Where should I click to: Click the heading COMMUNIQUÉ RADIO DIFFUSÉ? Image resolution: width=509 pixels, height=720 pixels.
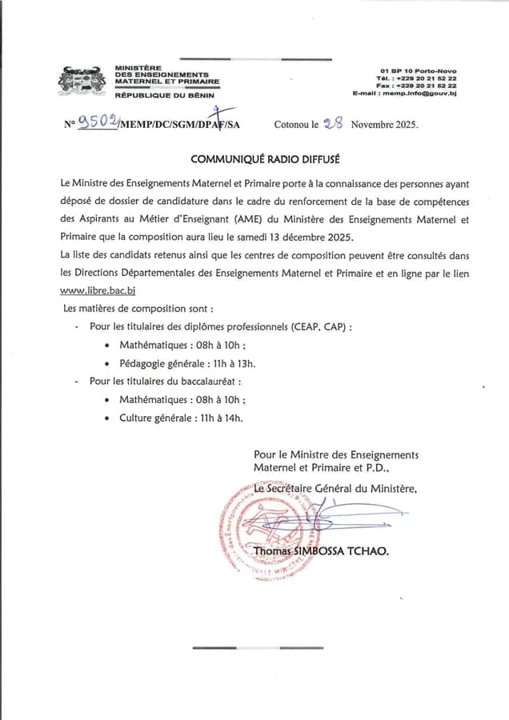click(x=254, y=158)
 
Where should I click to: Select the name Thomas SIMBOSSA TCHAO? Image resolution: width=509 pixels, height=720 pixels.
click(x=321, y=550)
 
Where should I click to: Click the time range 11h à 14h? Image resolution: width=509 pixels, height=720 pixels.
click(x=219, y=417)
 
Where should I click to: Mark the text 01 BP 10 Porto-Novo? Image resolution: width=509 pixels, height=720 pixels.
click(x=418, y=71)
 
